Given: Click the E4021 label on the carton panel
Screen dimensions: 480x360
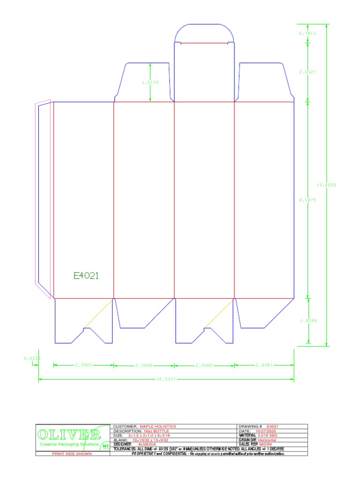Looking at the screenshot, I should (86, 276).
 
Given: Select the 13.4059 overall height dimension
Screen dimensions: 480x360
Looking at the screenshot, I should (326, 185).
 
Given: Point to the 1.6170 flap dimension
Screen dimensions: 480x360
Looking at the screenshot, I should (150, 82).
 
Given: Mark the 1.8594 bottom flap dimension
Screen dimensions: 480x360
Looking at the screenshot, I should (308, 321).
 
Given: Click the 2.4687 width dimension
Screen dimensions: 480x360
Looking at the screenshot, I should (264, 365).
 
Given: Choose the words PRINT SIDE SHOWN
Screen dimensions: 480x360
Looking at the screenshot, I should (72, 454).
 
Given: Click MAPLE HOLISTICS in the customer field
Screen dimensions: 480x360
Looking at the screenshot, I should (157, 427).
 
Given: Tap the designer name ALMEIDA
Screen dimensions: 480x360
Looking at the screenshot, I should (147, 444).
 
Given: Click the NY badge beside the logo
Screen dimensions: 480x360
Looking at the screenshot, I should (105, 446).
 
